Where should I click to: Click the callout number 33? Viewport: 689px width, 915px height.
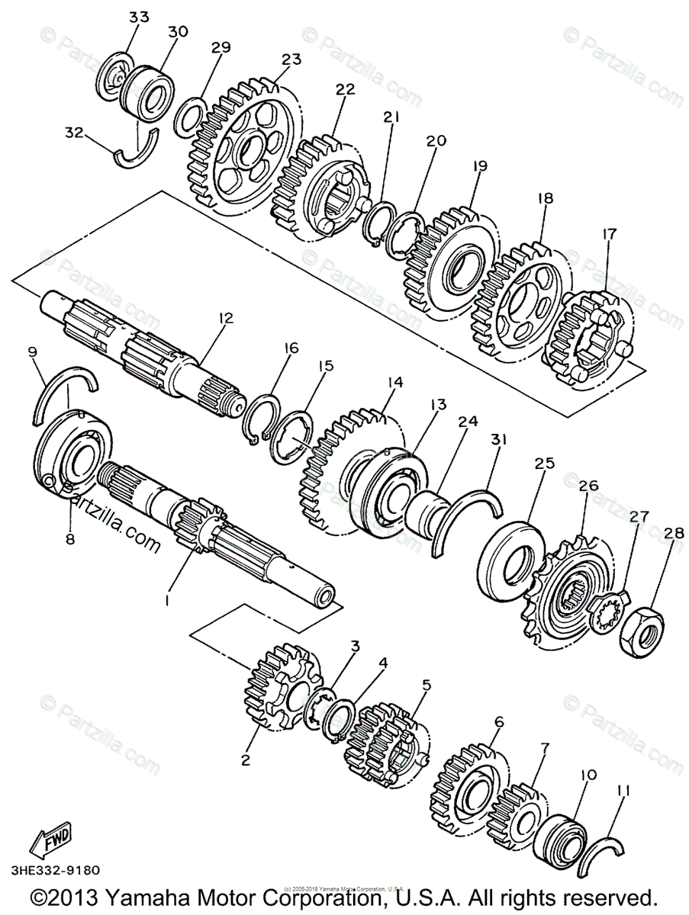[x=139, y=17]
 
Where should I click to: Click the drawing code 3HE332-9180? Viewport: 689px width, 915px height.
[x=54, y=869]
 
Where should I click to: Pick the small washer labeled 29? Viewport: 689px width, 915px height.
[x=189, y=117]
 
